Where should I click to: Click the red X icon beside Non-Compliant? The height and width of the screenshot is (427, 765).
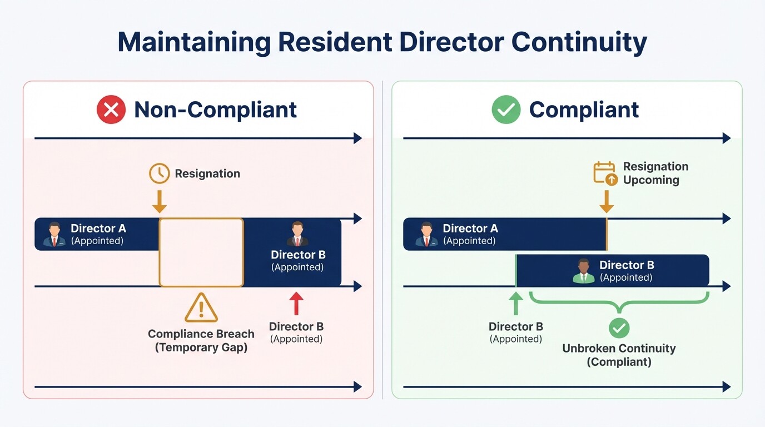[111, 110]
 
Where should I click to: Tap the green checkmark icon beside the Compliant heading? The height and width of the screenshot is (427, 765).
[506, 110]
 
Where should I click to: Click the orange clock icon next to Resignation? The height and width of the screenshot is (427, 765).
[159, 173]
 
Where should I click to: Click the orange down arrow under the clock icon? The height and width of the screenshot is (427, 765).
[160, 201]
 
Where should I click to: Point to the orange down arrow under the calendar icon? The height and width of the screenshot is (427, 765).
[607, 201]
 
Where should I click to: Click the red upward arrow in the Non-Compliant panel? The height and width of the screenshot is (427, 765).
[296, 304]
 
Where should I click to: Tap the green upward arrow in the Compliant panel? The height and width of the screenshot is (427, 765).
[516, 304]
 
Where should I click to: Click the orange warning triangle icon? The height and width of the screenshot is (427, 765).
[201, 308]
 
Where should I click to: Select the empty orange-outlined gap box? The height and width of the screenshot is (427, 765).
[201, 252]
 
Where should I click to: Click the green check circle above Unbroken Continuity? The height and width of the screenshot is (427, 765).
[619, 328]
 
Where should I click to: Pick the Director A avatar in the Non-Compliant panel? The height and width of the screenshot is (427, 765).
[54, 234]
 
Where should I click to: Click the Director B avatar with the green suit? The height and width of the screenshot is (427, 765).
[583, 271]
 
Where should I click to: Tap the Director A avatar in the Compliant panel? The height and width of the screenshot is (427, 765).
[426, 234]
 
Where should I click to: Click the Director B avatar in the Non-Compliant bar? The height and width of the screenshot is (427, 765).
[297, 234]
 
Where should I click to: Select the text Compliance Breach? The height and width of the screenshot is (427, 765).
[201, 334]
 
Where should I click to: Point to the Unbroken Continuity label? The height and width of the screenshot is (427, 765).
[619, 349]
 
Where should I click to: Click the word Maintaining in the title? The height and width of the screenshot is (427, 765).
[194, 42]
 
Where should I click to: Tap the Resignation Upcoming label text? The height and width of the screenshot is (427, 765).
[655, 173]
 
